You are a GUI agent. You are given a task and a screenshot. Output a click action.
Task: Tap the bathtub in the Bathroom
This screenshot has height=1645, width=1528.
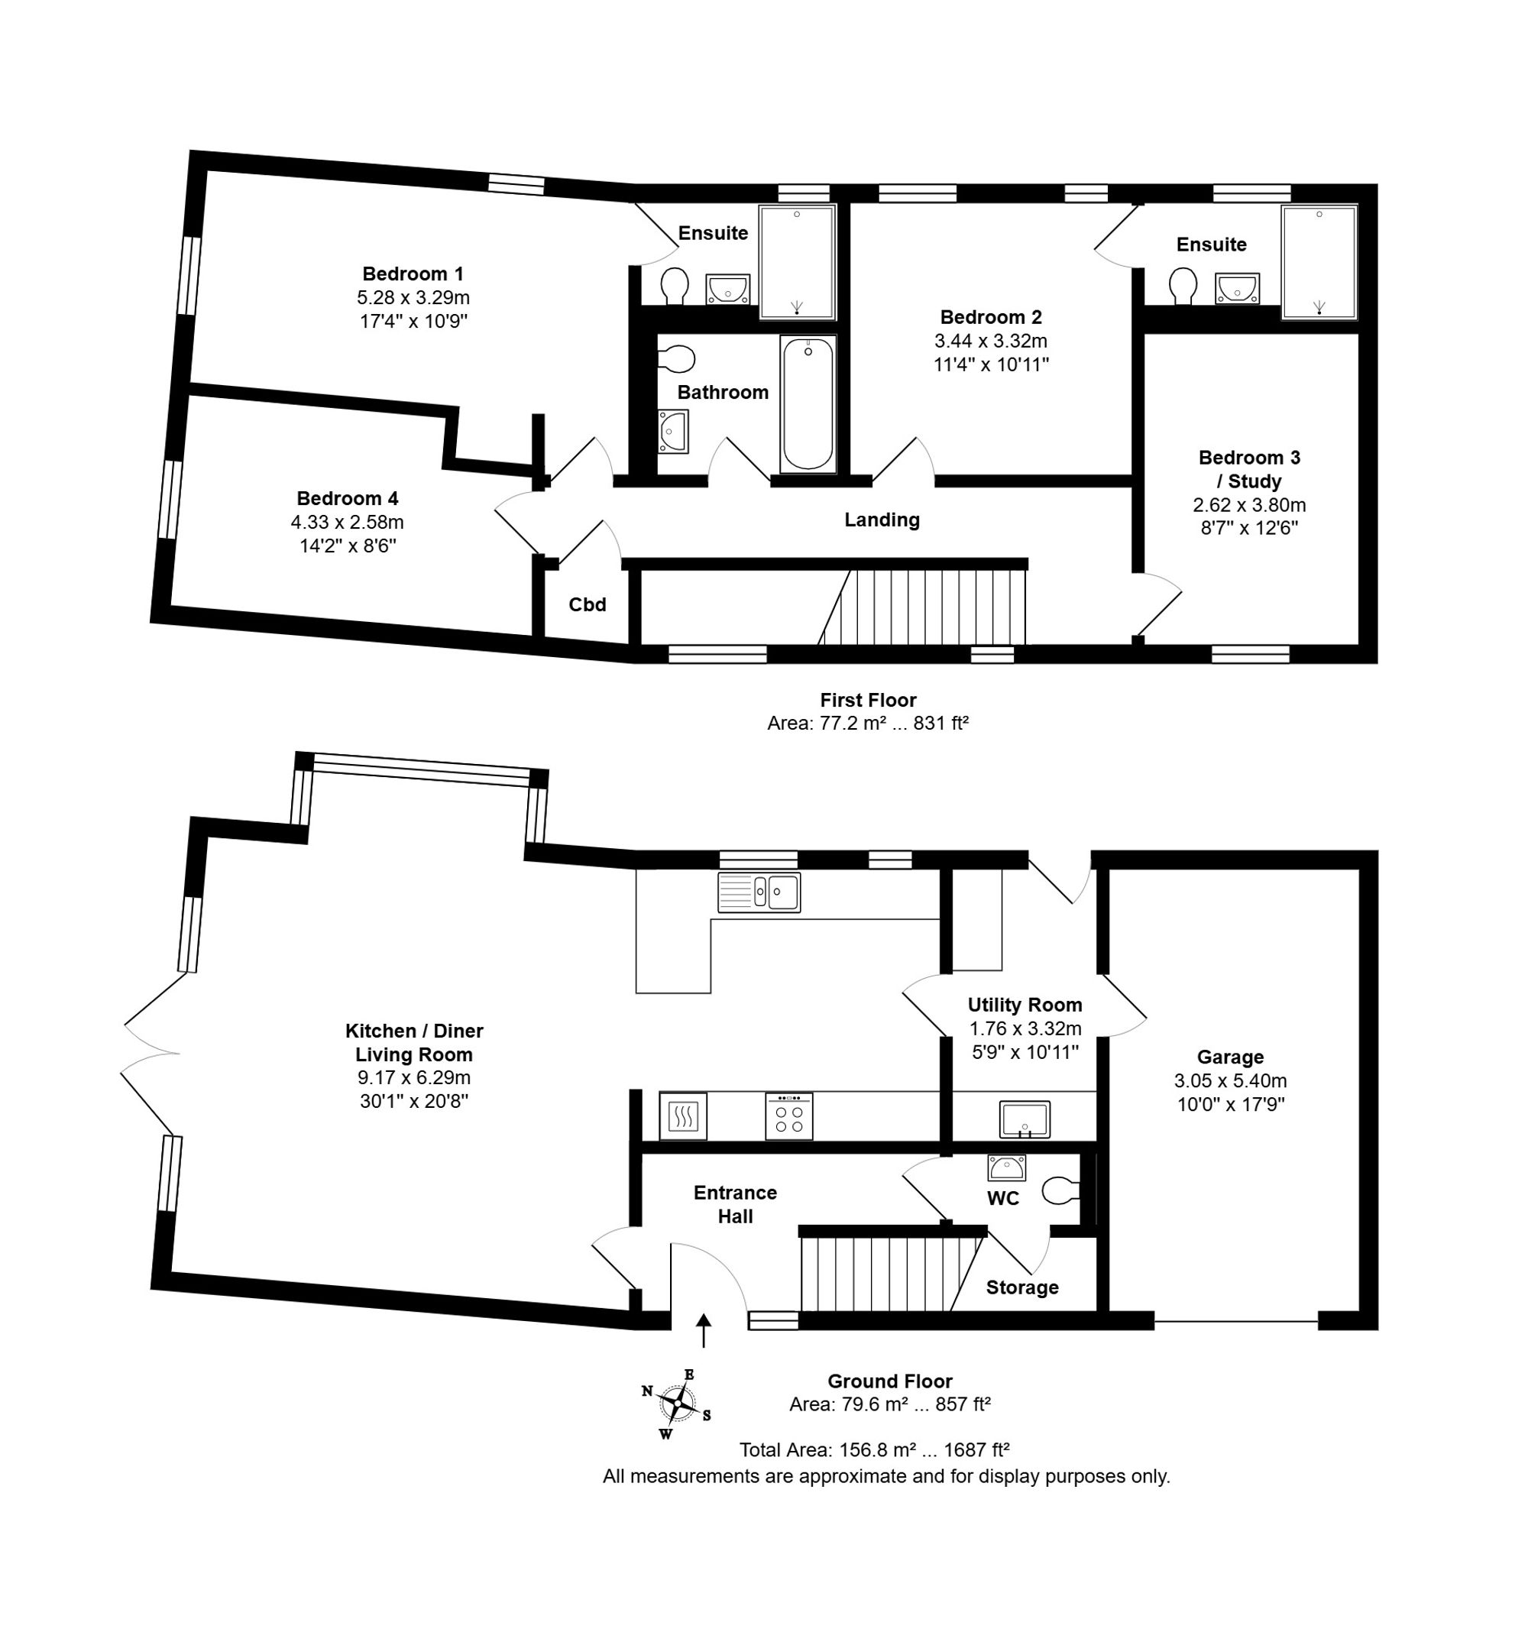click(808, 404)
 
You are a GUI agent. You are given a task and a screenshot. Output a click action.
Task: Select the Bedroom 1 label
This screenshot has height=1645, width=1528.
click(413, 274)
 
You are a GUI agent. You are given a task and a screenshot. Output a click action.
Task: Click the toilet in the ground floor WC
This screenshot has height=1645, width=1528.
click(1061, 1191)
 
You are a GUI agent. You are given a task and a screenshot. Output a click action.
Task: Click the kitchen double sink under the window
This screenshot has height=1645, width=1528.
click(759, 892)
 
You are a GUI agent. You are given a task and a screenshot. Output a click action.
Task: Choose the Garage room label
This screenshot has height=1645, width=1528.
click(1230, 1057)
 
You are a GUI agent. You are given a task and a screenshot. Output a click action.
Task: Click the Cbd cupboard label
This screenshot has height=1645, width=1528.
click(588, 604)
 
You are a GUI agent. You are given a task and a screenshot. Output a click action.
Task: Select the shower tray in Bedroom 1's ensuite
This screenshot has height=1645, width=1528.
click(798, 261)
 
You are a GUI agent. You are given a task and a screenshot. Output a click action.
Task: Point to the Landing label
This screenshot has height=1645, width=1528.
click(882, 520)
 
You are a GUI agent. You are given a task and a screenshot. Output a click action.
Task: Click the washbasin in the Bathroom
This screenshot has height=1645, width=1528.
click(673, 432)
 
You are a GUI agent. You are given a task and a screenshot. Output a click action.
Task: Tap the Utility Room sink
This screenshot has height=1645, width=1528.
click(1025, 1120)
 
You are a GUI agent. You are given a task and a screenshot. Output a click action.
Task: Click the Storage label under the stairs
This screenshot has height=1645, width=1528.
click(1023, 1287)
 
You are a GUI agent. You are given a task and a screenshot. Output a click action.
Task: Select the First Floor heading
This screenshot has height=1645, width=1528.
click(868, 700)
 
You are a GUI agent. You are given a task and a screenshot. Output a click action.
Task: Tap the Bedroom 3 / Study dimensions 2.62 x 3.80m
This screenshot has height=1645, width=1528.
click(1249, 504)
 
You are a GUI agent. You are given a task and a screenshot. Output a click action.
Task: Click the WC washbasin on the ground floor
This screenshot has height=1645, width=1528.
click(1006, 1167)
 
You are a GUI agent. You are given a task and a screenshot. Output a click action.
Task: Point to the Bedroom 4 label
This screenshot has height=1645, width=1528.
click(348, 499)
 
